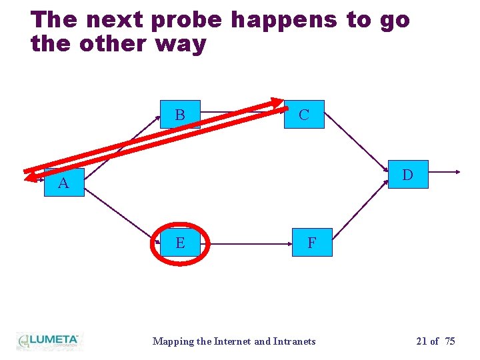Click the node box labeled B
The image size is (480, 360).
[x=180, y=115]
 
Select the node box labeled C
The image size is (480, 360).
[x=304, y=115]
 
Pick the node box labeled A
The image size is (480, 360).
[x=64, y=183]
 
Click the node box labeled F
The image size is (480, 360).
[x=311, y=243]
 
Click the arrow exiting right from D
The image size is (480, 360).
[x=443, y=172]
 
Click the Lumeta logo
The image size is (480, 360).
[x=49, y=341]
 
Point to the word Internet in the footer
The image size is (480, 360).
[x=231, y=341]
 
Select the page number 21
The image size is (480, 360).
[x=421, y=341]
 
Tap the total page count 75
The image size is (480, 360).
[x=450, y=341]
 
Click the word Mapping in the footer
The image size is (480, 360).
[x=172, y=341]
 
